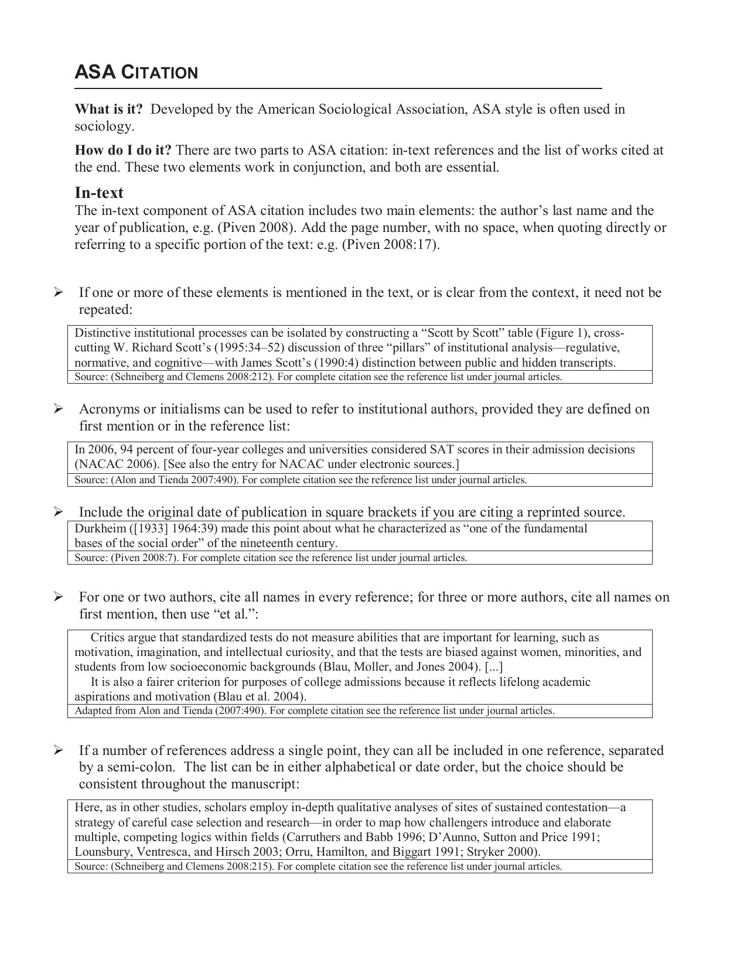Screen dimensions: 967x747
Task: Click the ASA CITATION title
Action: pyautogui.click(x=137, y=73)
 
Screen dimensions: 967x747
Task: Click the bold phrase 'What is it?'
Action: pyautogui.click(x=108, y=110)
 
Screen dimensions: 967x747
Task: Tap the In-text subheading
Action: pyautogui.click(x=98, y=193)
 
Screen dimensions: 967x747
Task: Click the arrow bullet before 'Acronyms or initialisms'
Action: pyautogui.click(x=58, y=409)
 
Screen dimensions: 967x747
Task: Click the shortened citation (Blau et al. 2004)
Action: pyautogui.click(x=260, y=697)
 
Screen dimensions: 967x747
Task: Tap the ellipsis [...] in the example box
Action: pyautogui.click(x=494, y=667)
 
